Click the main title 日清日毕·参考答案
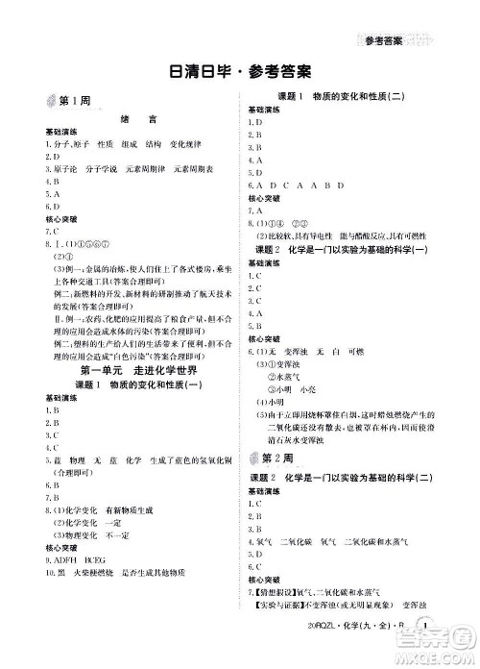(239, 73)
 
